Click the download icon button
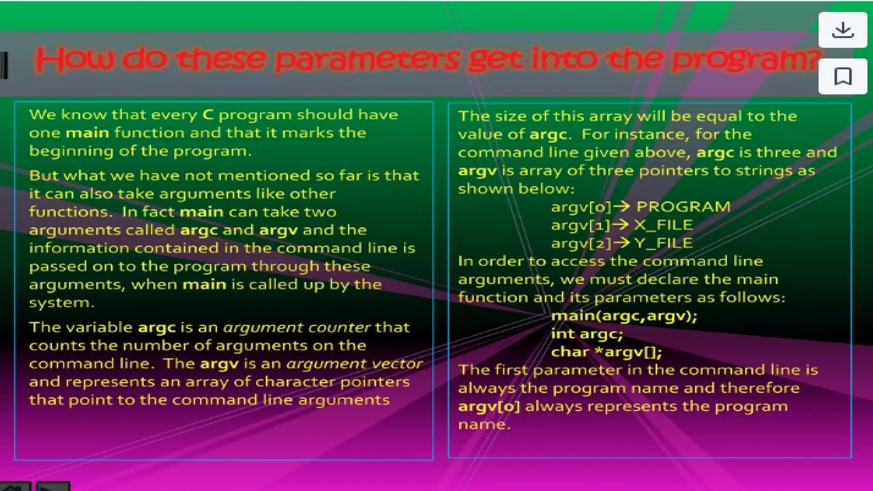tap(842, 30)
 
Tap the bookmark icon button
tap(842, 77)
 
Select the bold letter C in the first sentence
tap(208, 115)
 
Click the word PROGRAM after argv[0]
tap(683, 207)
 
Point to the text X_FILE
tap(663, 225)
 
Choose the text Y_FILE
tap(663, 243)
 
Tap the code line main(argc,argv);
tap(624, 316)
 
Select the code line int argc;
tap(587, 334)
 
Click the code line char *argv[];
tap(606, 352)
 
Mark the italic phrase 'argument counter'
tap(297, 327)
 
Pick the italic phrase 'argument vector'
tap(354, 364)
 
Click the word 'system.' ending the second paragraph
tap(62, 303)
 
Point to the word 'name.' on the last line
tap(484, 425)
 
